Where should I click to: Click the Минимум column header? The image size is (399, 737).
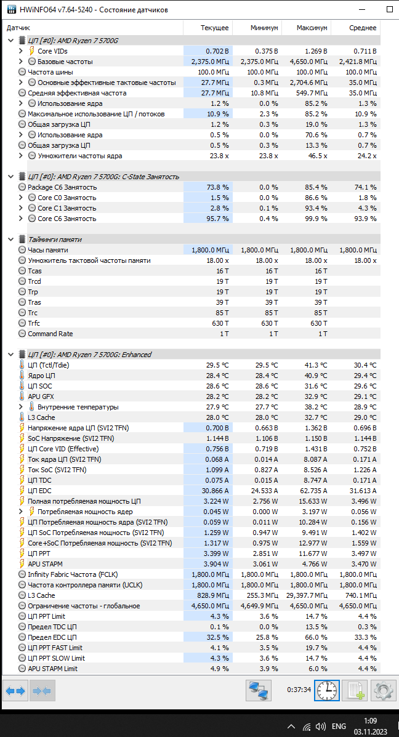pyautogui.click(x=264, y=28)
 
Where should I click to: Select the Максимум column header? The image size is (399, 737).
pyautogui.click(x=312, y=28)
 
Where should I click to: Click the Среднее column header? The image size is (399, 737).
pyautogui.click(x=363, y=28)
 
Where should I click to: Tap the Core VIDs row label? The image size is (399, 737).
pyautogui.click(x=52, y=51)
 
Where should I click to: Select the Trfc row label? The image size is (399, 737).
pyautogui.click(x=34, y=323)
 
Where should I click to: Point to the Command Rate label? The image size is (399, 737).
pyautogui.click(x=50, y=334)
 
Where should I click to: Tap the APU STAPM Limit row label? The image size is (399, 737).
pyautogui.click(x=52, y=669)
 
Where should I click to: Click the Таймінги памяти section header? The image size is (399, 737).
pyautogui.click(x=54, y=240)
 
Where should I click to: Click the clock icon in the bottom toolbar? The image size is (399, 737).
pyautogui.click(x=326, y=691)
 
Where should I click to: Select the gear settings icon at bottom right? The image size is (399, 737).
pyautogui.click(x=384, y=691)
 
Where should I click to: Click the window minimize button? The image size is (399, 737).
pyautogui.click(x=361, y=10)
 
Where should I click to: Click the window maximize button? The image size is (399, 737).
pyautogui.click(x=389, y=10)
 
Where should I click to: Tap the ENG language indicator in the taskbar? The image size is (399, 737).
pyautogui.click(x=339, y=726)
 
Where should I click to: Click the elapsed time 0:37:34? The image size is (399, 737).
pyautogui.click(x=299, y=690)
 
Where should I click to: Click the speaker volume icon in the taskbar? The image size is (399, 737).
pyautogui.click(x=321, y=726)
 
